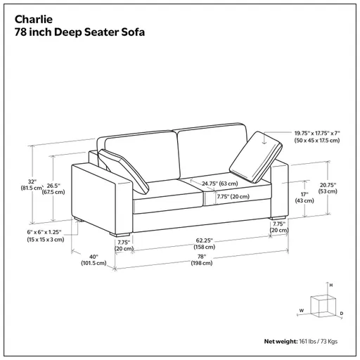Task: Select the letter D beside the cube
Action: [341, 312]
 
